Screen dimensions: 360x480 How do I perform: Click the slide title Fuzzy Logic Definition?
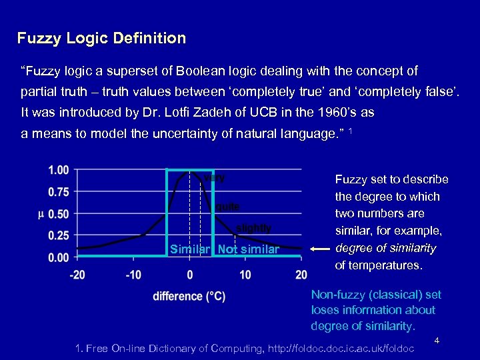click(101, 38)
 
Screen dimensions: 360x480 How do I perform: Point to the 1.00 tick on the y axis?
click(59, 170)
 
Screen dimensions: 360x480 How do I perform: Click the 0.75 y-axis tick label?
click(59, 192)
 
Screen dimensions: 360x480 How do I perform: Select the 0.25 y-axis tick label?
click(59, 235)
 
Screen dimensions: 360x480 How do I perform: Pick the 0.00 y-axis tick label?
click(59, 257)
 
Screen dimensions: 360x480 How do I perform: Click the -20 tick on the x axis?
click(77, 275)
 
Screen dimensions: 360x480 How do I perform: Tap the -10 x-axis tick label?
click(133, 275)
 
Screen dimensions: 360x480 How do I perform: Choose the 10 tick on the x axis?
click(245, 275)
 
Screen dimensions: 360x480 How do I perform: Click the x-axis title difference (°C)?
click(189, 296)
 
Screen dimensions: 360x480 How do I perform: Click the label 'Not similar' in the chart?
click(249, 249)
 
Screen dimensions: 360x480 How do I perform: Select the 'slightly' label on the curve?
click(254, 228)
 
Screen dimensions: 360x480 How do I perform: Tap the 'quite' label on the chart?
click(227, 207)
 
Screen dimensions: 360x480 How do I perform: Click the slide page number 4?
click(437, 341)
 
